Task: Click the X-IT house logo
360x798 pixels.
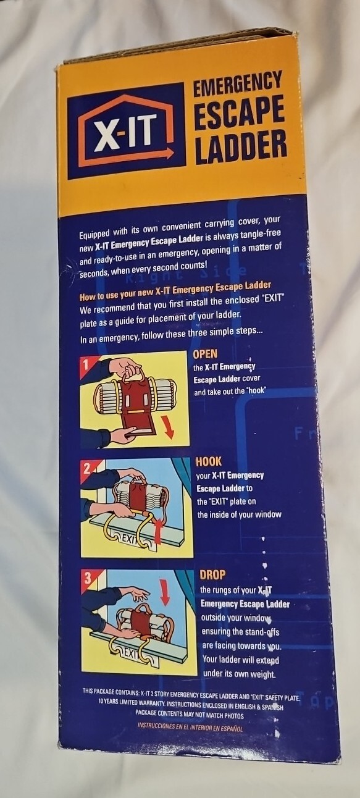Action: (x=126, y=131)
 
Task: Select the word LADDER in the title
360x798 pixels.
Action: (x=241, y=147)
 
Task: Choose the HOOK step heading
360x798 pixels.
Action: (x=209, y=461)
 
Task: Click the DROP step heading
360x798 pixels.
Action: (x=212, y=574)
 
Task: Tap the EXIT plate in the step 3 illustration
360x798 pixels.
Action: (x=133, y=653)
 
